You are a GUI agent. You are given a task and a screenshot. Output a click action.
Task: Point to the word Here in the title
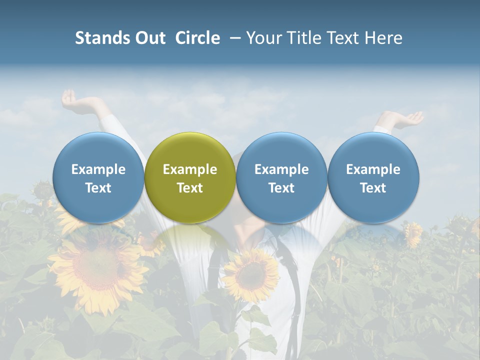coord(383,38)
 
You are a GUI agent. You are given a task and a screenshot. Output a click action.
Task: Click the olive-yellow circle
coord(190,177)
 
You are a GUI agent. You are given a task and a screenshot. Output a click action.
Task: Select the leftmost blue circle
coord(98,177)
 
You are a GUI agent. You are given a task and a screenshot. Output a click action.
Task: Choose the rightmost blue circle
coord(373,177)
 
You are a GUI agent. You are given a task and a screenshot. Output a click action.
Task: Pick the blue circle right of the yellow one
coord(281,177)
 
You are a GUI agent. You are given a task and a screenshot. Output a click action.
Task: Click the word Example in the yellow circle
coord(190,169)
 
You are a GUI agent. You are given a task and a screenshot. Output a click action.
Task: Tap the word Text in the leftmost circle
coord(98,188)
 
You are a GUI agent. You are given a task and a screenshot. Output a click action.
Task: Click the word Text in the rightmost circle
coord(373,188)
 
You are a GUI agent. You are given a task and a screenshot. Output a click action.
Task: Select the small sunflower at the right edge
coord(413,233)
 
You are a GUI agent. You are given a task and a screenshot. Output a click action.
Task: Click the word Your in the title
coord(262,38)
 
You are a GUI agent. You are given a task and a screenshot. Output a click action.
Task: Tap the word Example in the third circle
coord(281,169)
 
